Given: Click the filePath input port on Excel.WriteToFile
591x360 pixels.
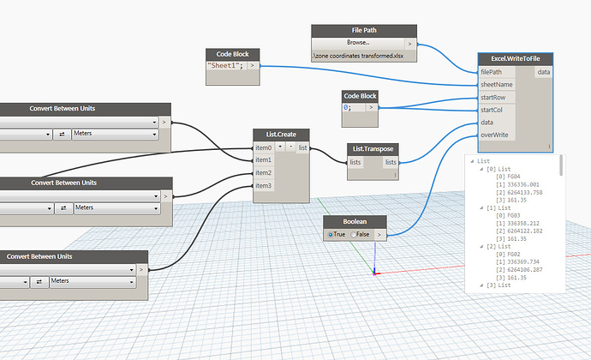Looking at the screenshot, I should tap(493, 72).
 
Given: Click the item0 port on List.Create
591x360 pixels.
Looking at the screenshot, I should tap(263, 148).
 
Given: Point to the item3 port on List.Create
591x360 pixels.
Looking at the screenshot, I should tap(263, 185).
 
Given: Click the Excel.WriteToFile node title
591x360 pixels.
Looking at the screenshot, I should tap(516, 59).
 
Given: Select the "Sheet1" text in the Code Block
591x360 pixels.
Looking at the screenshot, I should tap(227, 65).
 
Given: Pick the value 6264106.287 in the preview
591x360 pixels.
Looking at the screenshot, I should tap(521, 268).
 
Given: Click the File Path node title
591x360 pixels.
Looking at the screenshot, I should tap(363, 30).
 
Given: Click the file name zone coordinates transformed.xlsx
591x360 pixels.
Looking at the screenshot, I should tap(363, 55).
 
